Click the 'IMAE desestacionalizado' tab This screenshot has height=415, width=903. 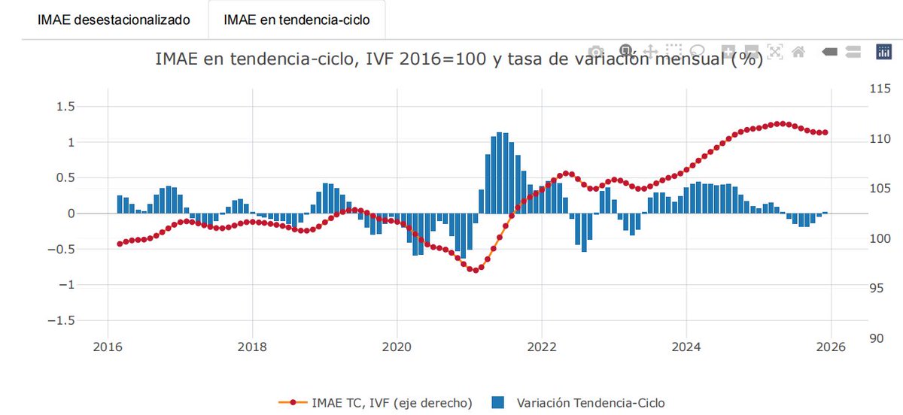(x=105, y=20)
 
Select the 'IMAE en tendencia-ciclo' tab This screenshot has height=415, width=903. (x=296, y=20)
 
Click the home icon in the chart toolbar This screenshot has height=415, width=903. (x=799, y=51)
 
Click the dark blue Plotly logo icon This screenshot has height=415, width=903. (x=883, y=51)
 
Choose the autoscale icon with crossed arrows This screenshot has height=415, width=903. (x=775, y=51)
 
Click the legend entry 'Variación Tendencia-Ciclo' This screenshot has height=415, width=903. (x=591, y=403)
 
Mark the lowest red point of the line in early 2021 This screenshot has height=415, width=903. (x=475, y=270)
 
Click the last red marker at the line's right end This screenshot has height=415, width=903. (x=825, y=132)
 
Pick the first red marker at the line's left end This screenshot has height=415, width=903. (x=120, y=244)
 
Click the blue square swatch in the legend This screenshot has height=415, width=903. (x=497, y=403)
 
